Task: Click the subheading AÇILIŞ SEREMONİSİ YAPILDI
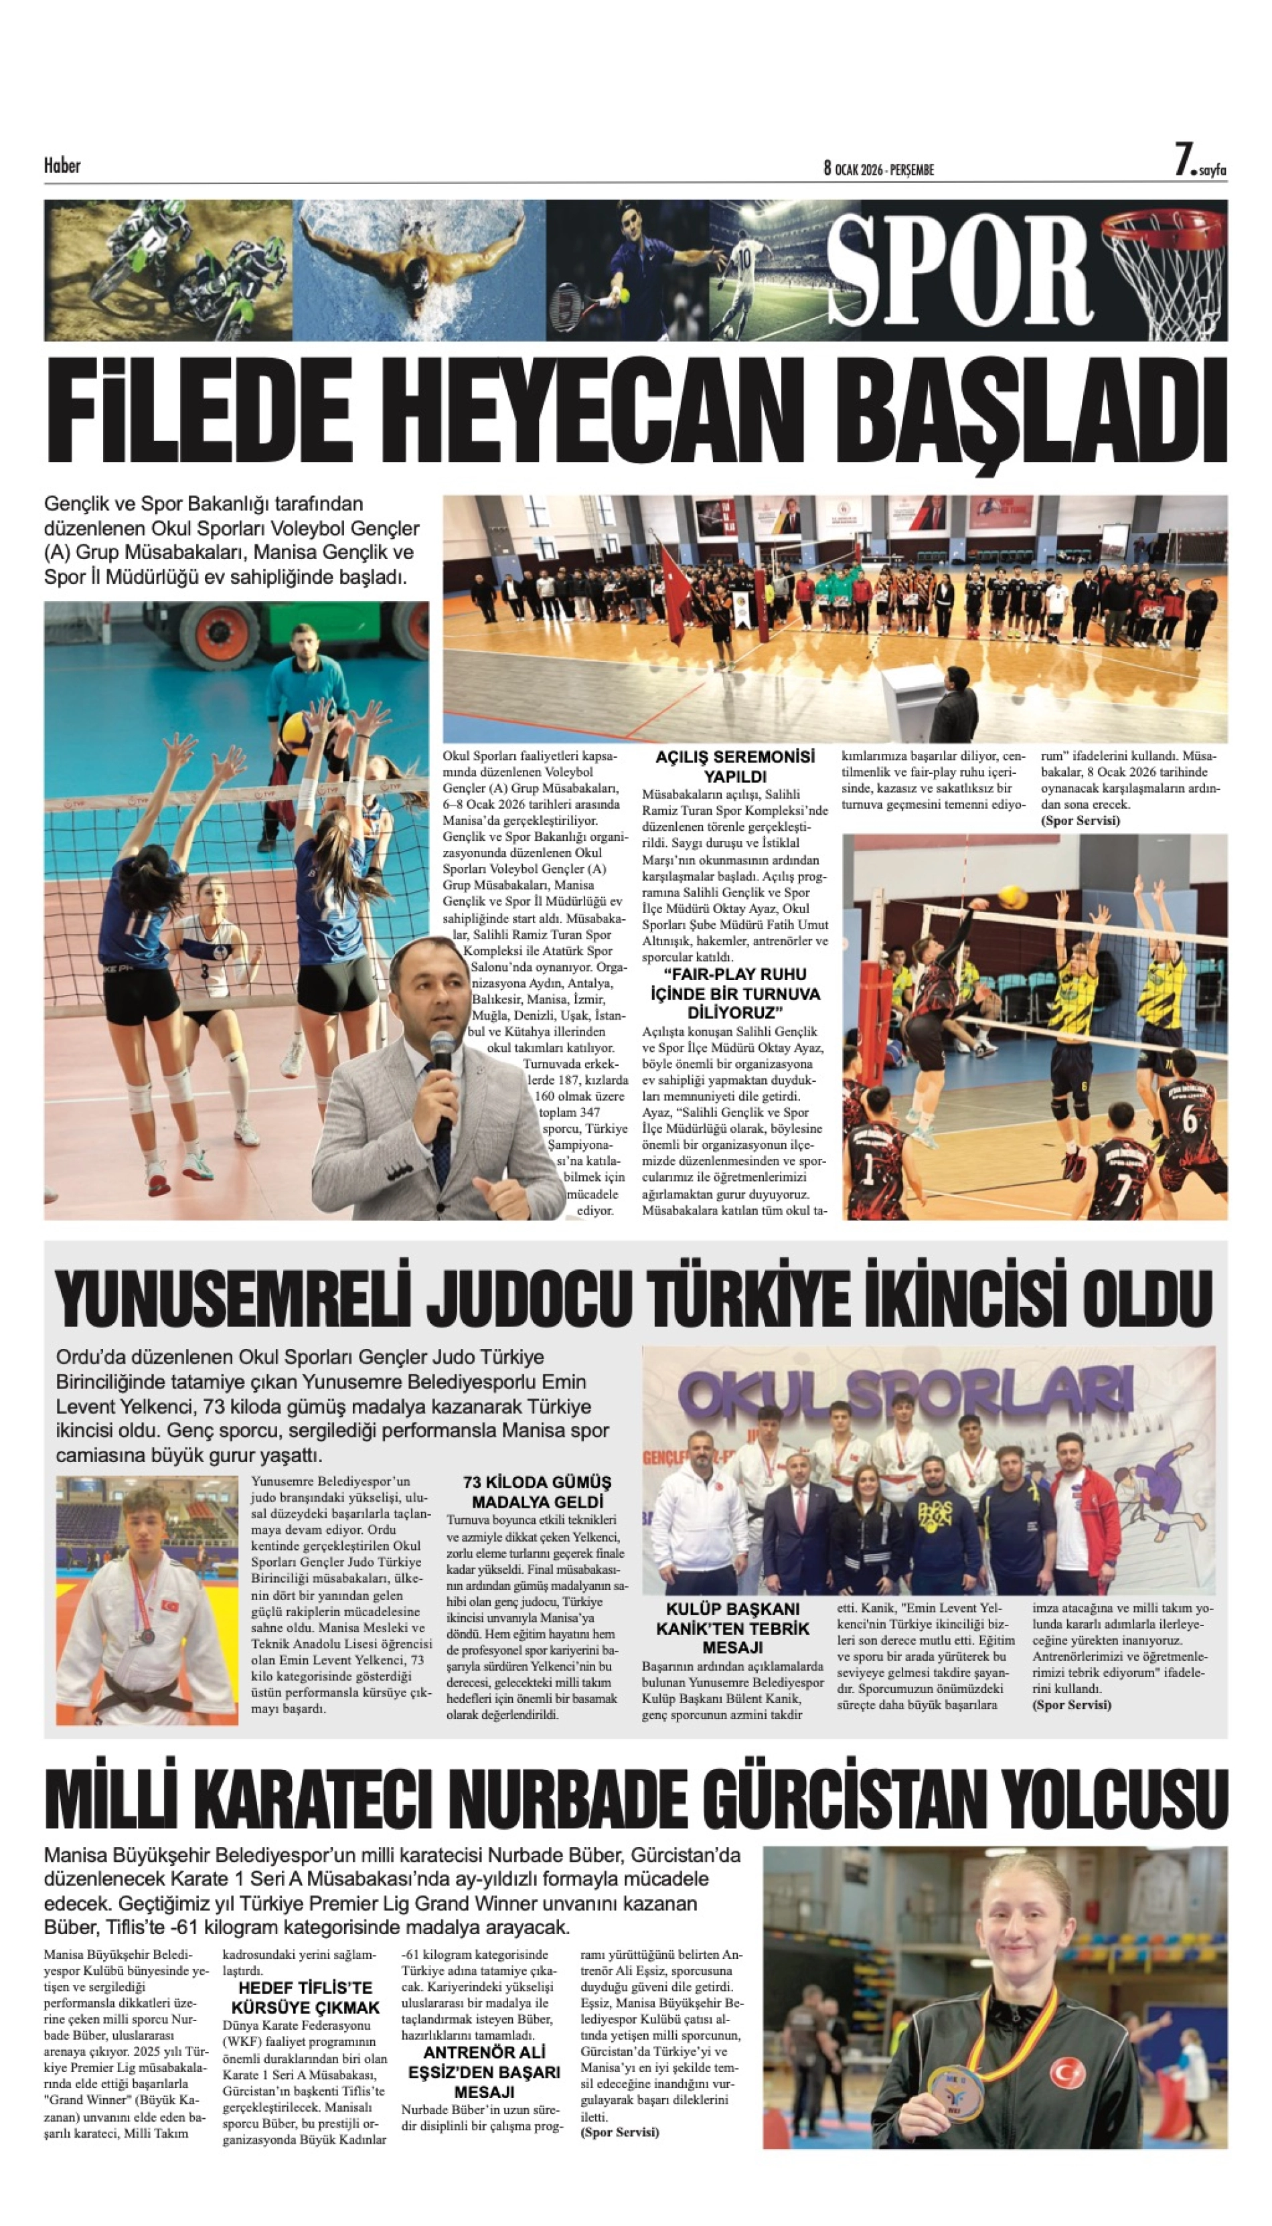pos(734,766)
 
